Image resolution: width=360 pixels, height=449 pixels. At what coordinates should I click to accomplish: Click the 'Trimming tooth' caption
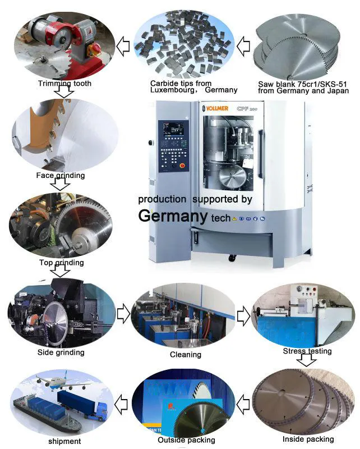tap(64, 84)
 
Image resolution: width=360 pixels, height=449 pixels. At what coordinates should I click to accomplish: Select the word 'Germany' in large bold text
tap(173, 216)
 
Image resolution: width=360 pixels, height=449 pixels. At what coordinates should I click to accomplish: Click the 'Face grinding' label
tap(60, 175)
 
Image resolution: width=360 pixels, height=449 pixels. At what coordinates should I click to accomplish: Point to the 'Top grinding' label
tap(62, 262)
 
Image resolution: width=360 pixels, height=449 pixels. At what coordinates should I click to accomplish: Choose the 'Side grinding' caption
tap(61, 352)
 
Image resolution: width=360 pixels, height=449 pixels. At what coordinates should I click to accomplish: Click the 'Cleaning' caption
tap(186, 354)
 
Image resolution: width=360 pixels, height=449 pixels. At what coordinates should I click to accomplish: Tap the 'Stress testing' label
tap(307, 351)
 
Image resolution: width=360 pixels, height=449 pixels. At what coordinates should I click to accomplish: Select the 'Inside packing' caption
tap(308, 439)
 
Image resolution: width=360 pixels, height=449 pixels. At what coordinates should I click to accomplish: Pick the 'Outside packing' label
tap(186, 440)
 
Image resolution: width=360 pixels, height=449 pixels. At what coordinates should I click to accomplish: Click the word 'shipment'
tap(64, 441)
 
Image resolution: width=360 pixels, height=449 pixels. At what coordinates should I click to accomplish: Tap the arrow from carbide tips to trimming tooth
tap(124, 44)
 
